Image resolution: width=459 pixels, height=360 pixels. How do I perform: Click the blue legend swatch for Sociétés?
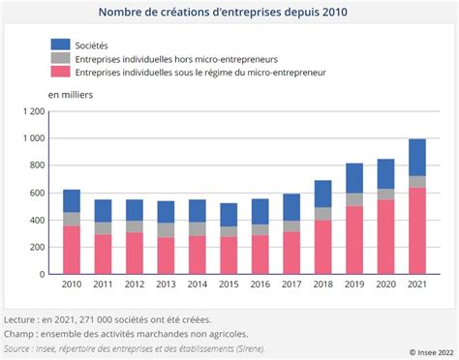coord(61,45)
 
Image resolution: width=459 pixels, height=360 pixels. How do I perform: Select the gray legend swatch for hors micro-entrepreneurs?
coord(61,58)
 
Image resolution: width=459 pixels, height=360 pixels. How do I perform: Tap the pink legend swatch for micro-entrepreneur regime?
coord(61,72)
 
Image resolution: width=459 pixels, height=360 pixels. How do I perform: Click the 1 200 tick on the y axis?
coord(32,112)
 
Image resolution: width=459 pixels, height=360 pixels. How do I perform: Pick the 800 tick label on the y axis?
coord(37,165)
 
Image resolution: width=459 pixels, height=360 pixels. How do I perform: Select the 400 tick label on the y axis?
coord(37,220)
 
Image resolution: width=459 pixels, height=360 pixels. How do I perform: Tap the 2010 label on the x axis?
coord(72,285)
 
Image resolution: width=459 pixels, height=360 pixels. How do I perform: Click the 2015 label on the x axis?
coord(229,285)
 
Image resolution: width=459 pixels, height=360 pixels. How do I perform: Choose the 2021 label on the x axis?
coord(416,285)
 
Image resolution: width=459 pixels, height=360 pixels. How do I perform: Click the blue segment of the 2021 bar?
coord(416,157)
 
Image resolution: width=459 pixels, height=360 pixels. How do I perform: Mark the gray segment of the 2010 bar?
coord(72,219)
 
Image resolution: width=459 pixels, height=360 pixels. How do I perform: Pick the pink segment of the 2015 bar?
coord(229,255)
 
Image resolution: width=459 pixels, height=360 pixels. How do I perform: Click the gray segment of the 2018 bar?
coord(322,213)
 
